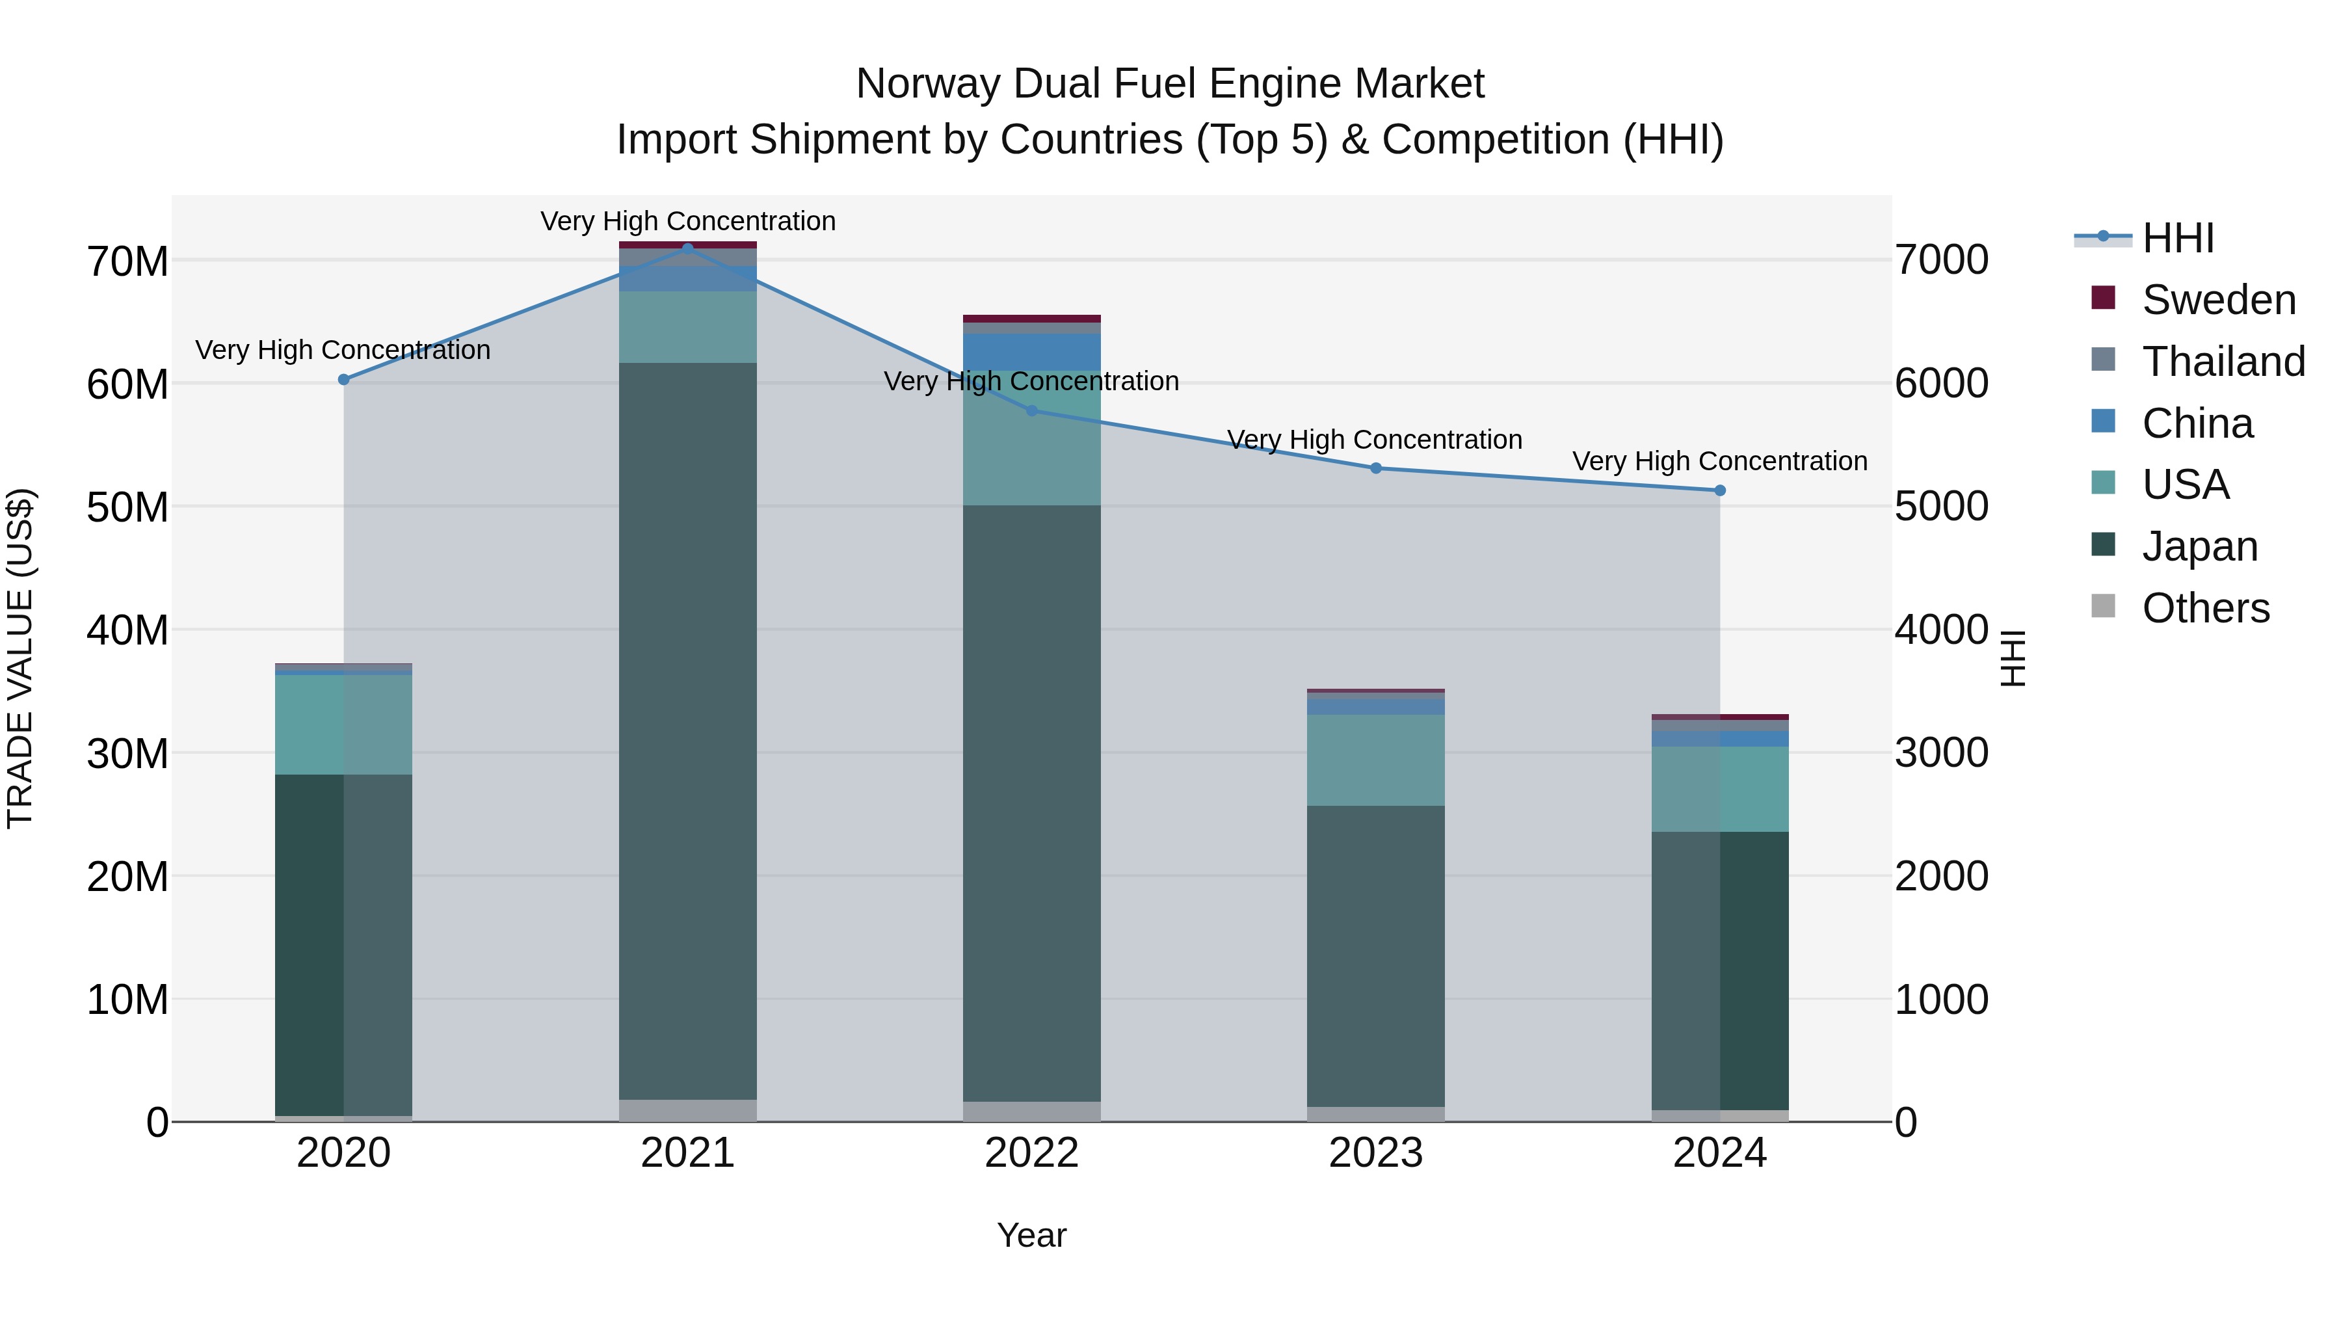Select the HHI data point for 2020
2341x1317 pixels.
tap(343, 380)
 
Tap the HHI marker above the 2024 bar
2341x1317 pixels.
tap(1719, 491)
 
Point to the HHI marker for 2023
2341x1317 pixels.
tap(1376, 468)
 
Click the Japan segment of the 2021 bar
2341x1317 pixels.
tap(688, 727)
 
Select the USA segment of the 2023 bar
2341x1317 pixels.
tap(1376, 760)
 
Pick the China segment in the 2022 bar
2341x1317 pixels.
tap(1031, 351)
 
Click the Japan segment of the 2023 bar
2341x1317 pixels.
tap(1376, 954)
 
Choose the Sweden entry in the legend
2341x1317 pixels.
tap(2217, 300)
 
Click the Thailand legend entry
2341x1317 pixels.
tap(2222, 362)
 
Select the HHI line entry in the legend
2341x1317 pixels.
tap(2177, 238)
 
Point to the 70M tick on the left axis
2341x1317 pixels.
tap(127, 261)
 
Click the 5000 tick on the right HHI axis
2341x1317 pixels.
tap(1941, 506)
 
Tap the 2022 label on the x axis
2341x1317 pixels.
tap(1031, 1153)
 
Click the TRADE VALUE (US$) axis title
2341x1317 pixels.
tap(20, 658)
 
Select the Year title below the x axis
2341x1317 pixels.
tap(1031, 1235)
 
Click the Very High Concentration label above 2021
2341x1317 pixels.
tap(688, 221)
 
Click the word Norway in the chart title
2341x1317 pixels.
tap(927, 84)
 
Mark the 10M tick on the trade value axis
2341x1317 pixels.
tap(127, 1000)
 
